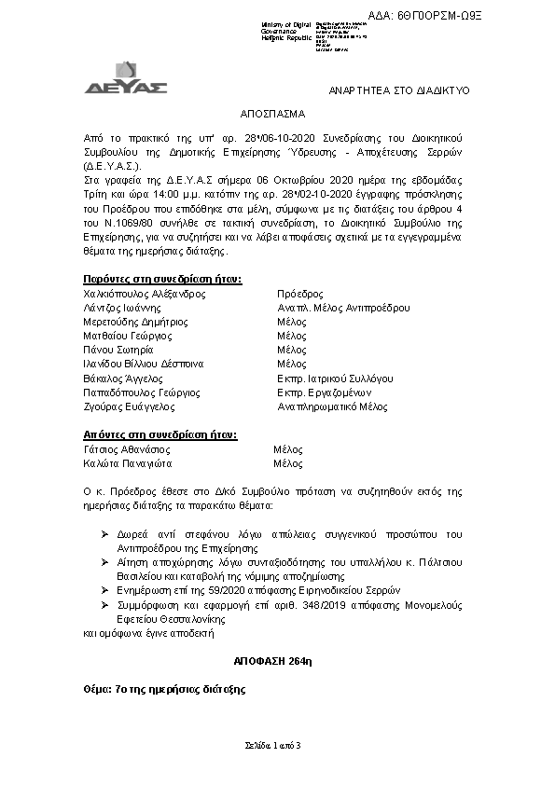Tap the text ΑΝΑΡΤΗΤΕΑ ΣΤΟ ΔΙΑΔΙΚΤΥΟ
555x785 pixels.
(401, 90)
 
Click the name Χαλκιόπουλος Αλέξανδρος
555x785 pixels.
(145, 293)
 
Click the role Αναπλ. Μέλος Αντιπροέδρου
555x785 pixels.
(343, 307)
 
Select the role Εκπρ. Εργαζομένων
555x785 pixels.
(326, 392)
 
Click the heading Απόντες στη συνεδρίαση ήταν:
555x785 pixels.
(160, 434)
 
